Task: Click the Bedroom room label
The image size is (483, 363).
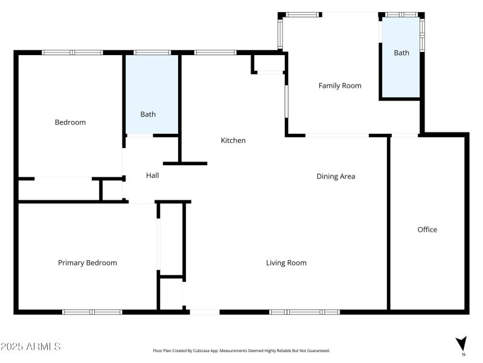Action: (70, 122)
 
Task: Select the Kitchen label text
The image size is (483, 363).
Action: (233, 140)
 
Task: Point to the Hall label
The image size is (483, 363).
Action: (152, 175)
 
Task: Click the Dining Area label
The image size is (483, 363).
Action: (336, 177)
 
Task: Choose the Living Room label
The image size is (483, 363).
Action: (286, 263)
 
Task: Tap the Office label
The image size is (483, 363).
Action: (427, 229)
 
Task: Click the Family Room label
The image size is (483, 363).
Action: (340, 86)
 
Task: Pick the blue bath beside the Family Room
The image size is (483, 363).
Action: (401, 57)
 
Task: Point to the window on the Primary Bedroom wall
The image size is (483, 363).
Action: (92, 312)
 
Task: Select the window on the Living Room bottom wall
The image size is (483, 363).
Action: (304, 312)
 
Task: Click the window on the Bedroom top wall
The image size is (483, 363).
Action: (72, 53)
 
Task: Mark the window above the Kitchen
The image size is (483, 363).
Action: (216, 53)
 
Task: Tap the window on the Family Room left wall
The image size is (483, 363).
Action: (281, 31)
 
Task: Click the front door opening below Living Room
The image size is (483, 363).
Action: (204, 312)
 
